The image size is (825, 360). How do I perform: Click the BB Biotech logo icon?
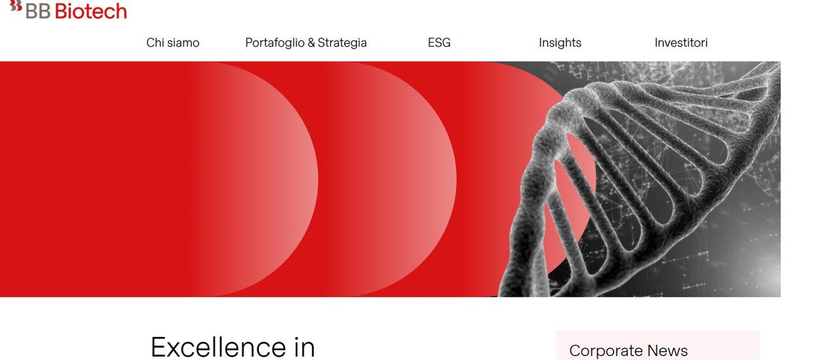click(16, 6)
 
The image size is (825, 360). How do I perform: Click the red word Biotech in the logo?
click(91, 11)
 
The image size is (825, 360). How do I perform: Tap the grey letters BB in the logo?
click(38, 11)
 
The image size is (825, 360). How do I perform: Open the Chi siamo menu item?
click(173, 43)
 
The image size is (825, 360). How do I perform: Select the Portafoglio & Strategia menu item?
click(306, 43)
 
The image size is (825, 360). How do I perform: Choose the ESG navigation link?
click(439, 43)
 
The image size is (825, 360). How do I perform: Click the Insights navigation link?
click(560, 43)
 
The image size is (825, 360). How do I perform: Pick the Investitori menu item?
click(681, 43)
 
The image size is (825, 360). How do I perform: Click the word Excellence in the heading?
click(218, 347)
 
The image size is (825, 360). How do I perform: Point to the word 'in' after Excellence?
click(305, 347)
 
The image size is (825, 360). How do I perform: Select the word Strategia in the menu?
click(342, 43)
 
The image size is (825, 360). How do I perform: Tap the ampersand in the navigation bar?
click(311, 43)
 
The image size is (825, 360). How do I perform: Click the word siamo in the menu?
click(183, 43)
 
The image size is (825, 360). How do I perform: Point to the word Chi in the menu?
click(155, 43)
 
